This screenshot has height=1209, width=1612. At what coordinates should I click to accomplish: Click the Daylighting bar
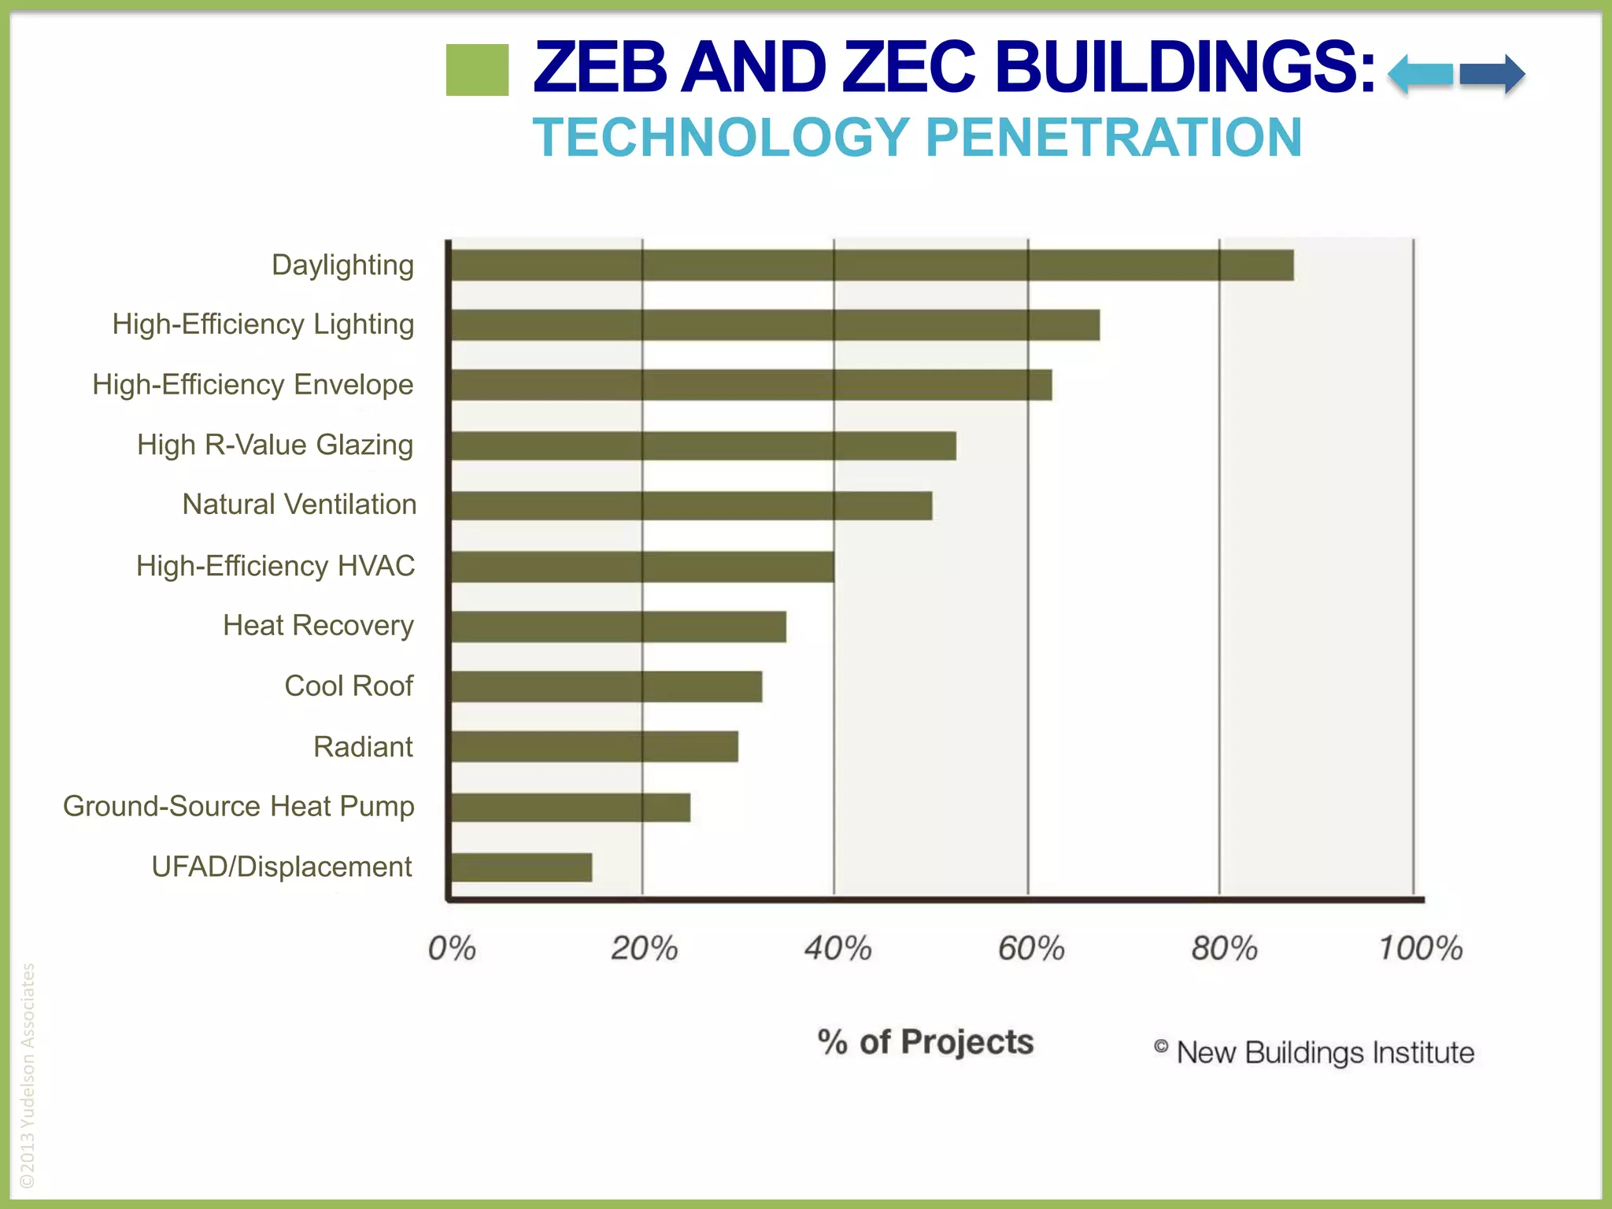click(x=871, y=265)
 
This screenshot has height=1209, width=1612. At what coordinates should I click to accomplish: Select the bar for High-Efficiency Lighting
click(x=775, y=324)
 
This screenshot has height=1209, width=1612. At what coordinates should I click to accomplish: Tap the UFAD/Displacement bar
click(x=521, y=867)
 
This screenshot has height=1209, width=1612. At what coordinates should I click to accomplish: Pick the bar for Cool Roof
click(x=606, y=686)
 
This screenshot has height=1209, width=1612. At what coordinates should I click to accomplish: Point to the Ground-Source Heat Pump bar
click(x=570, y=808)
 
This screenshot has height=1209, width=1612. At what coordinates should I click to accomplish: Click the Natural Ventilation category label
click(x=299, y=505)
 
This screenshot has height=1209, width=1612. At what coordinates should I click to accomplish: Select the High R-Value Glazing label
click(x=275, y=445)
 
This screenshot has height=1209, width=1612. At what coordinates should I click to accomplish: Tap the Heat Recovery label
click(x=318, y=626)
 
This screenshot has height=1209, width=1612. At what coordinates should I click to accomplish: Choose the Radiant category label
click(x=363, y=747)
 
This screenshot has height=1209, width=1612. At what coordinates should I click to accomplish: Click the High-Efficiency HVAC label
click(x=275, y=566)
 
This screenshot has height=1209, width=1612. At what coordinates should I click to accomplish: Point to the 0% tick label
click(x=452, y=948)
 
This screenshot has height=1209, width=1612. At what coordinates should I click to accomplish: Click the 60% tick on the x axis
click(x=1031, y=948)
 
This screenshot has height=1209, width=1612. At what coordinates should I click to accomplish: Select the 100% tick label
click(x=1420, y=948)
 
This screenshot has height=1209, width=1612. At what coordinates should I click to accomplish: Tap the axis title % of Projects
click(x=926, y=1042)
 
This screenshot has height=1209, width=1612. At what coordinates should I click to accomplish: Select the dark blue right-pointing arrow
click(x=1492, y=75)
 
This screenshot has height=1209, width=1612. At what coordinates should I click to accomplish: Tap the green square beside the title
click(x=477, y=70)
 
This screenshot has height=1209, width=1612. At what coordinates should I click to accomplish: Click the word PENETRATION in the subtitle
click(x=1114, y=138)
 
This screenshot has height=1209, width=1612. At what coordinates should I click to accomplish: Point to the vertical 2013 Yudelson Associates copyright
click(x=28, y=1074)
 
